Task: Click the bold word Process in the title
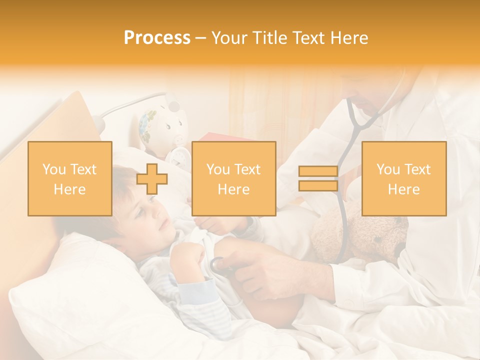pos(157,38)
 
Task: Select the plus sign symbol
pos(151,179)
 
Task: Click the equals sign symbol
pos(318,179)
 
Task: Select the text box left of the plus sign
pos(70,179)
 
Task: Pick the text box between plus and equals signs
pos(233,179)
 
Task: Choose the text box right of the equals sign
pos(404,179)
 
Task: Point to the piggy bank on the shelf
pos(161,125)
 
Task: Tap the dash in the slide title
pos(201,38)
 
